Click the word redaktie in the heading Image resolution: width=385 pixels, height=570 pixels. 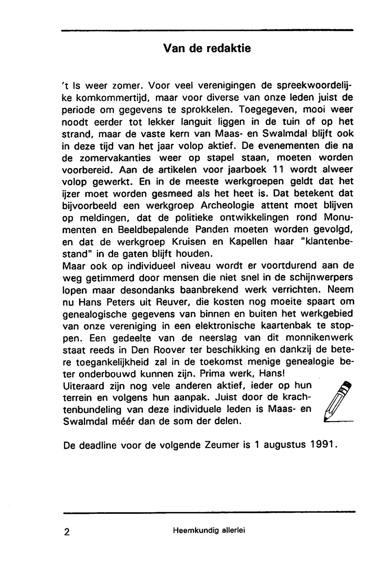[229, 48]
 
